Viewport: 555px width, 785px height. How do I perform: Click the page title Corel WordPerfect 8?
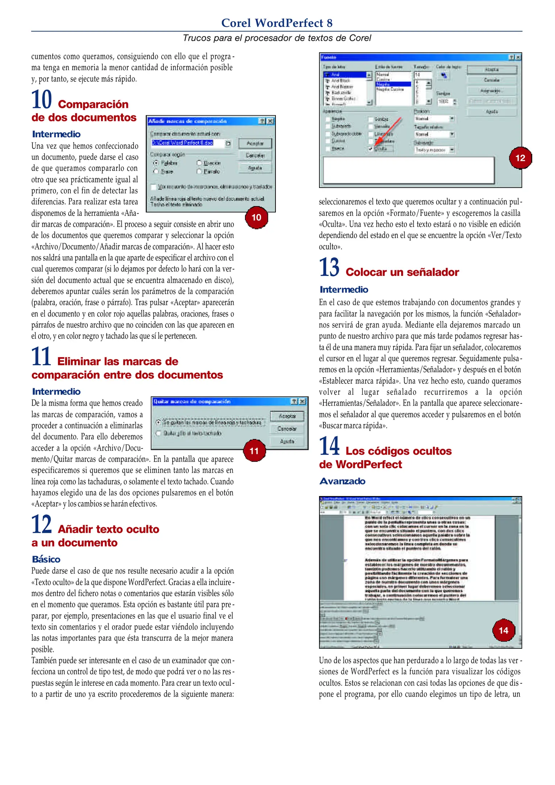(x=277, y=23)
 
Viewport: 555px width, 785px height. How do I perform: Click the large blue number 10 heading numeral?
(x=41, y=100)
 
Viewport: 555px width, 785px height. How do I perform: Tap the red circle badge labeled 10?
(x=256, y=217)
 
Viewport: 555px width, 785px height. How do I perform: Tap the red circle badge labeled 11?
(x=254, y=451)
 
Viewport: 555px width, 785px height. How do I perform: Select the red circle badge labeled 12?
(x=520, y=158)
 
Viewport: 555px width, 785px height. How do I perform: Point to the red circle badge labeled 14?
(x=503, y=630)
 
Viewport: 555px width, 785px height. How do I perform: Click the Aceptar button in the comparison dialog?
(x=255, y=144)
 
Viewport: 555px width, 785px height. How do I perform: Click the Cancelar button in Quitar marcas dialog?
(x=287, y=429)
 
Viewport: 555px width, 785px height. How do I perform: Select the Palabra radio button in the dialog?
(x=156, y=163)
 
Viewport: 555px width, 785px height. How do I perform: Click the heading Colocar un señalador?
(x=402, y=272)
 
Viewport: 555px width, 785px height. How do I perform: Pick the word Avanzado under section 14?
(x=342, y=481)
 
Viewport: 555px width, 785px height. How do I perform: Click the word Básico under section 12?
(x=46, y=559)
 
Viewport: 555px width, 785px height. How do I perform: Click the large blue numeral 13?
(x=329, y=267)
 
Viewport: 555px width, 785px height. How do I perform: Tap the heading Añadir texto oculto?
(x=108, y=529)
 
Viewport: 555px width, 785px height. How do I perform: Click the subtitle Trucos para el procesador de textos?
(x=277, y=38)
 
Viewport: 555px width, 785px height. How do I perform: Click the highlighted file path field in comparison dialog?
(x=183, y=143)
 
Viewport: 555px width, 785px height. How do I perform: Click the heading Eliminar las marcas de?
(x=118, y=362)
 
